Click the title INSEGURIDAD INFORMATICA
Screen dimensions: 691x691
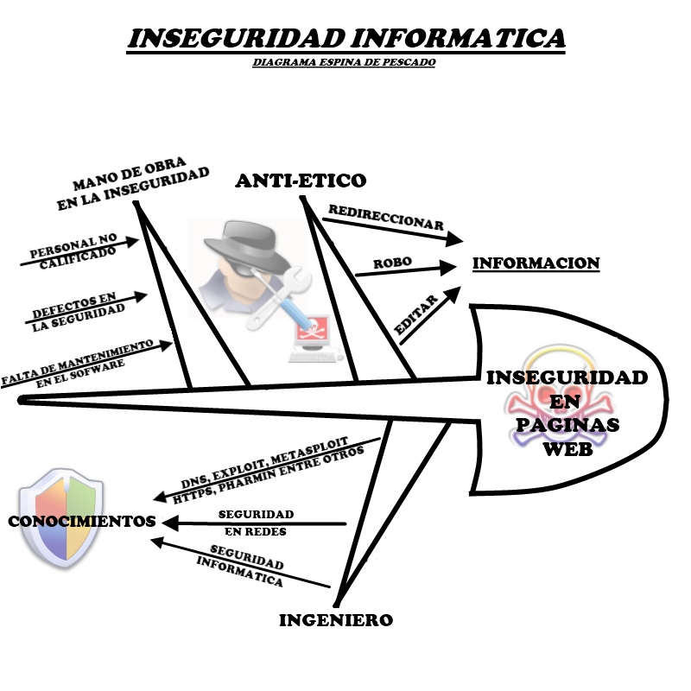pos(346,39)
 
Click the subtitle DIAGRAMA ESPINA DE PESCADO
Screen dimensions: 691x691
pos(345,63)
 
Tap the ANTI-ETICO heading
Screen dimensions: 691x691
pos(301,181)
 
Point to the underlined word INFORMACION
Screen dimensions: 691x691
pos(536,263)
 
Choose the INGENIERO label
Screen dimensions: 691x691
pos(336,620)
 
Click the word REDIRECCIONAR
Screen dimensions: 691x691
pos(385,218)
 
